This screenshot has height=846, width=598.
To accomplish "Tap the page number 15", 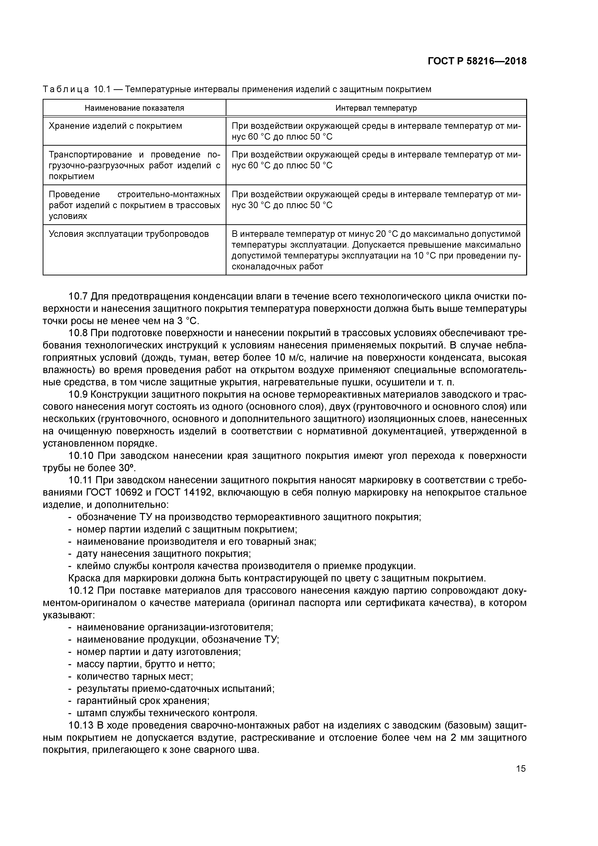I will click(521, 768).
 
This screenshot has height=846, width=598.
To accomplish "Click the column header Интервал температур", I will click(376, 108).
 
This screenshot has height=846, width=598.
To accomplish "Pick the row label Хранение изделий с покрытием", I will click(115, 126).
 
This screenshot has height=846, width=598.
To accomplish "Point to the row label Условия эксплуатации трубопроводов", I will click(129, 234).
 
